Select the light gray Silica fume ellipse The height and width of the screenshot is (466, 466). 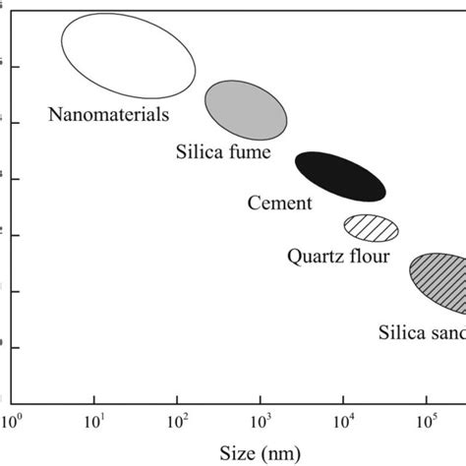click(246, 110)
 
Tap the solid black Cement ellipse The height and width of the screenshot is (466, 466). click(340, 176)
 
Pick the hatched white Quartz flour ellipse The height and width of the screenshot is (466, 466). click(372, 227)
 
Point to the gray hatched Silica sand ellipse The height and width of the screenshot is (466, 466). click(438, 282)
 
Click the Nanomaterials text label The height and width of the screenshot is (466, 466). click(108, 114)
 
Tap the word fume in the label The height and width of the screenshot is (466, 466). click(250, 154)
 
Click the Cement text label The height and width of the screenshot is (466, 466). click(279, 204)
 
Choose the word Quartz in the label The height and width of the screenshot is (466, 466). click(314, 258)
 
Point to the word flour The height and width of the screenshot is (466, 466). click(368, 258)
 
